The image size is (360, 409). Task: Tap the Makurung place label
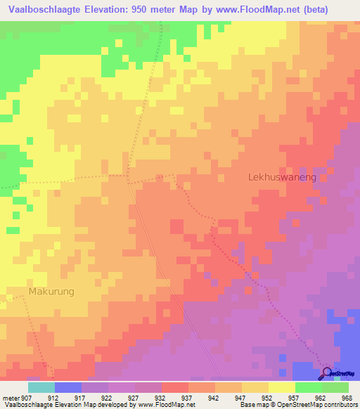51,290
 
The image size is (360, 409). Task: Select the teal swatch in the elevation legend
41,387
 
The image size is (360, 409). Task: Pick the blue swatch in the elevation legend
68,387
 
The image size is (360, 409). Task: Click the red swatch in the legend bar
175,387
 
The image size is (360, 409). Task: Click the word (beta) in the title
330,9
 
